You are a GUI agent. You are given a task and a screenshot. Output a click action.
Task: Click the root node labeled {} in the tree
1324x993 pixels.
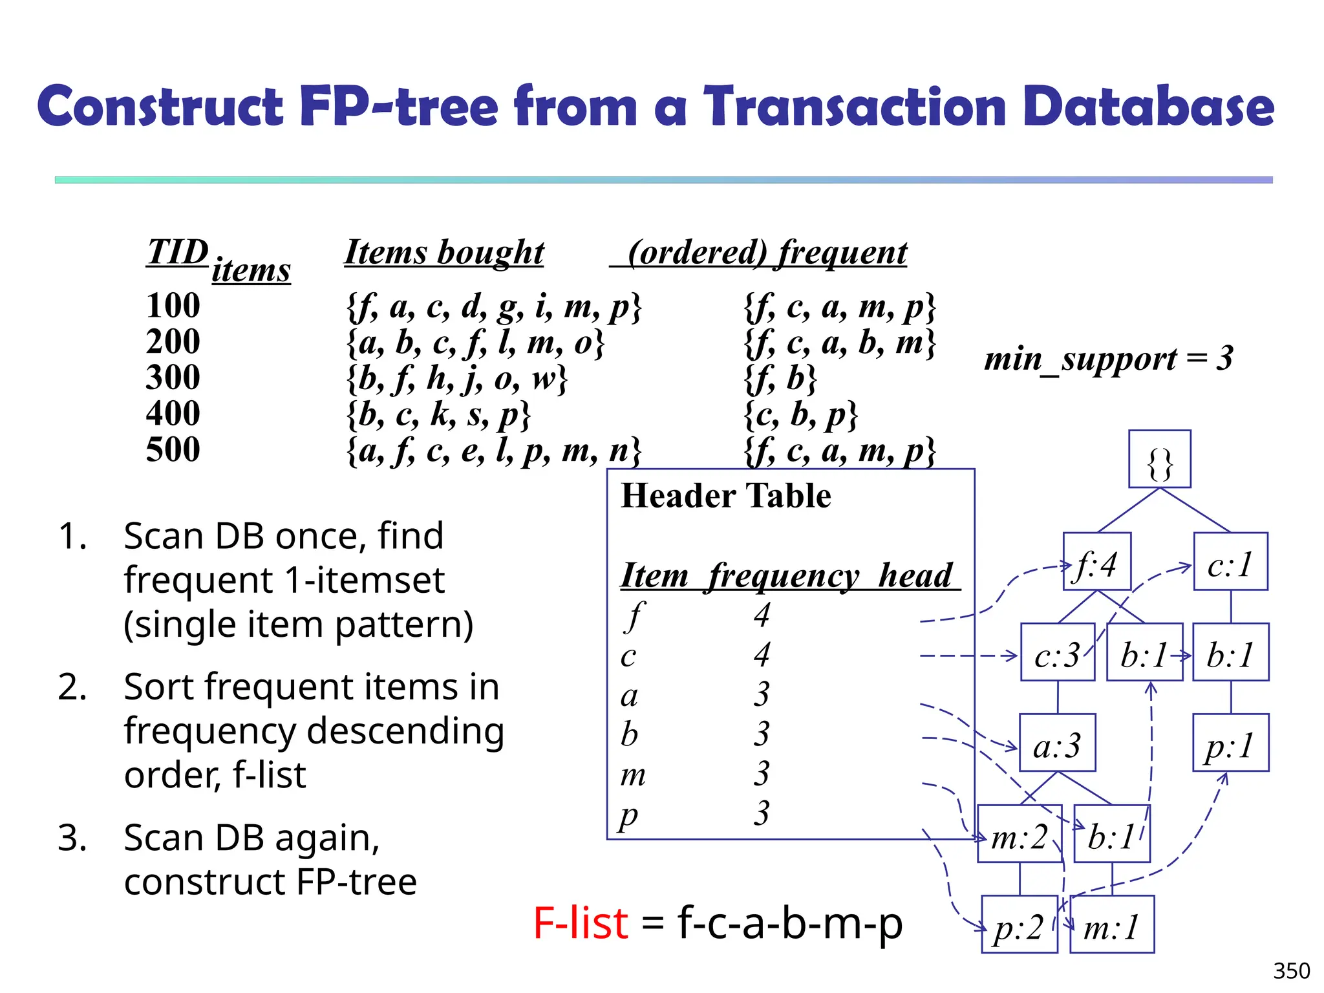pyautogui.click(x=1159, y=459)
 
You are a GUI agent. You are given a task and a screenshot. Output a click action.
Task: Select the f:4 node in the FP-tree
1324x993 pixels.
pyautogui.click(x=1096, y=562)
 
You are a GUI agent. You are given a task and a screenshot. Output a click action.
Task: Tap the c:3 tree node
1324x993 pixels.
pyautogui.click(x=1057, y=652)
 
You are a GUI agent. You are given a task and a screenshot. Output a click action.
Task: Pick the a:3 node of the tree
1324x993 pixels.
pyautogui.click(x=1057, y=743)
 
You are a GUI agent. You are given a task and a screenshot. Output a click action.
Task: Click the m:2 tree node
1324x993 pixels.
pyautogui.click(x=1020, y=834)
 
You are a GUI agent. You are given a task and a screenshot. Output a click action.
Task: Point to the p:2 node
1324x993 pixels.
pyautogui.click(x=1019, y=924)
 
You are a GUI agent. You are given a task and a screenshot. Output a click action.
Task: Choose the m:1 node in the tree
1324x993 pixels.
pyautogui.click(x=1111, y=924)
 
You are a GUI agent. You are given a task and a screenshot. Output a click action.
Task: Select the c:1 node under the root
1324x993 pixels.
pyautogui.click(x=1230, y=562)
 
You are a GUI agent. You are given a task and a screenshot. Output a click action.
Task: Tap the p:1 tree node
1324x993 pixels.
pyautogui.click(x=1230, y=743)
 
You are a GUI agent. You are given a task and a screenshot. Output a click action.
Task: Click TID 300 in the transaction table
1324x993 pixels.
pyautogui.click(x=173, y=377)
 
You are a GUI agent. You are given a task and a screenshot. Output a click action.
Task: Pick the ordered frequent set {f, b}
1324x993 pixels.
pyautogui.click(x=781, y=378)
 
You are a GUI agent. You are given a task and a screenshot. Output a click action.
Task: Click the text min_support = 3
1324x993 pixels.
pyautogui.click(x=1108, y=358)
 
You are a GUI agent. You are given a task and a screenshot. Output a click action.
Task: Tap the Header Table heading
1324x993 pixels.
pyautogui.click(x=725, y=496)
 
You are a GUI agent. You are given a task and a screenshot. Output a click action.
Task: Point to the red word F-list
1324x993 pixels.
pyautogui.click(x=580, y=923)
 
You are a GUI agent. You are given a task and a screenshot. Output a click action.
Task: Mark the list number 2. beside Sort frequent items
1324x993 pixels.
pyautogui.click(x=72, y=687)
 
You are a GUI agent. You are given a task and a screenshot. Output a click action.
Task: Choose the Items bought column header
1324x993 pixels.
pyautogui.click(x=444, y=251)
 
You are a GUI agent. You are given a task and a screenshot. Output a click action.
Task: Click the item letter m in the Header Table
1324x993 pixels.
pyautogui.click(x=633, y=774)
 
